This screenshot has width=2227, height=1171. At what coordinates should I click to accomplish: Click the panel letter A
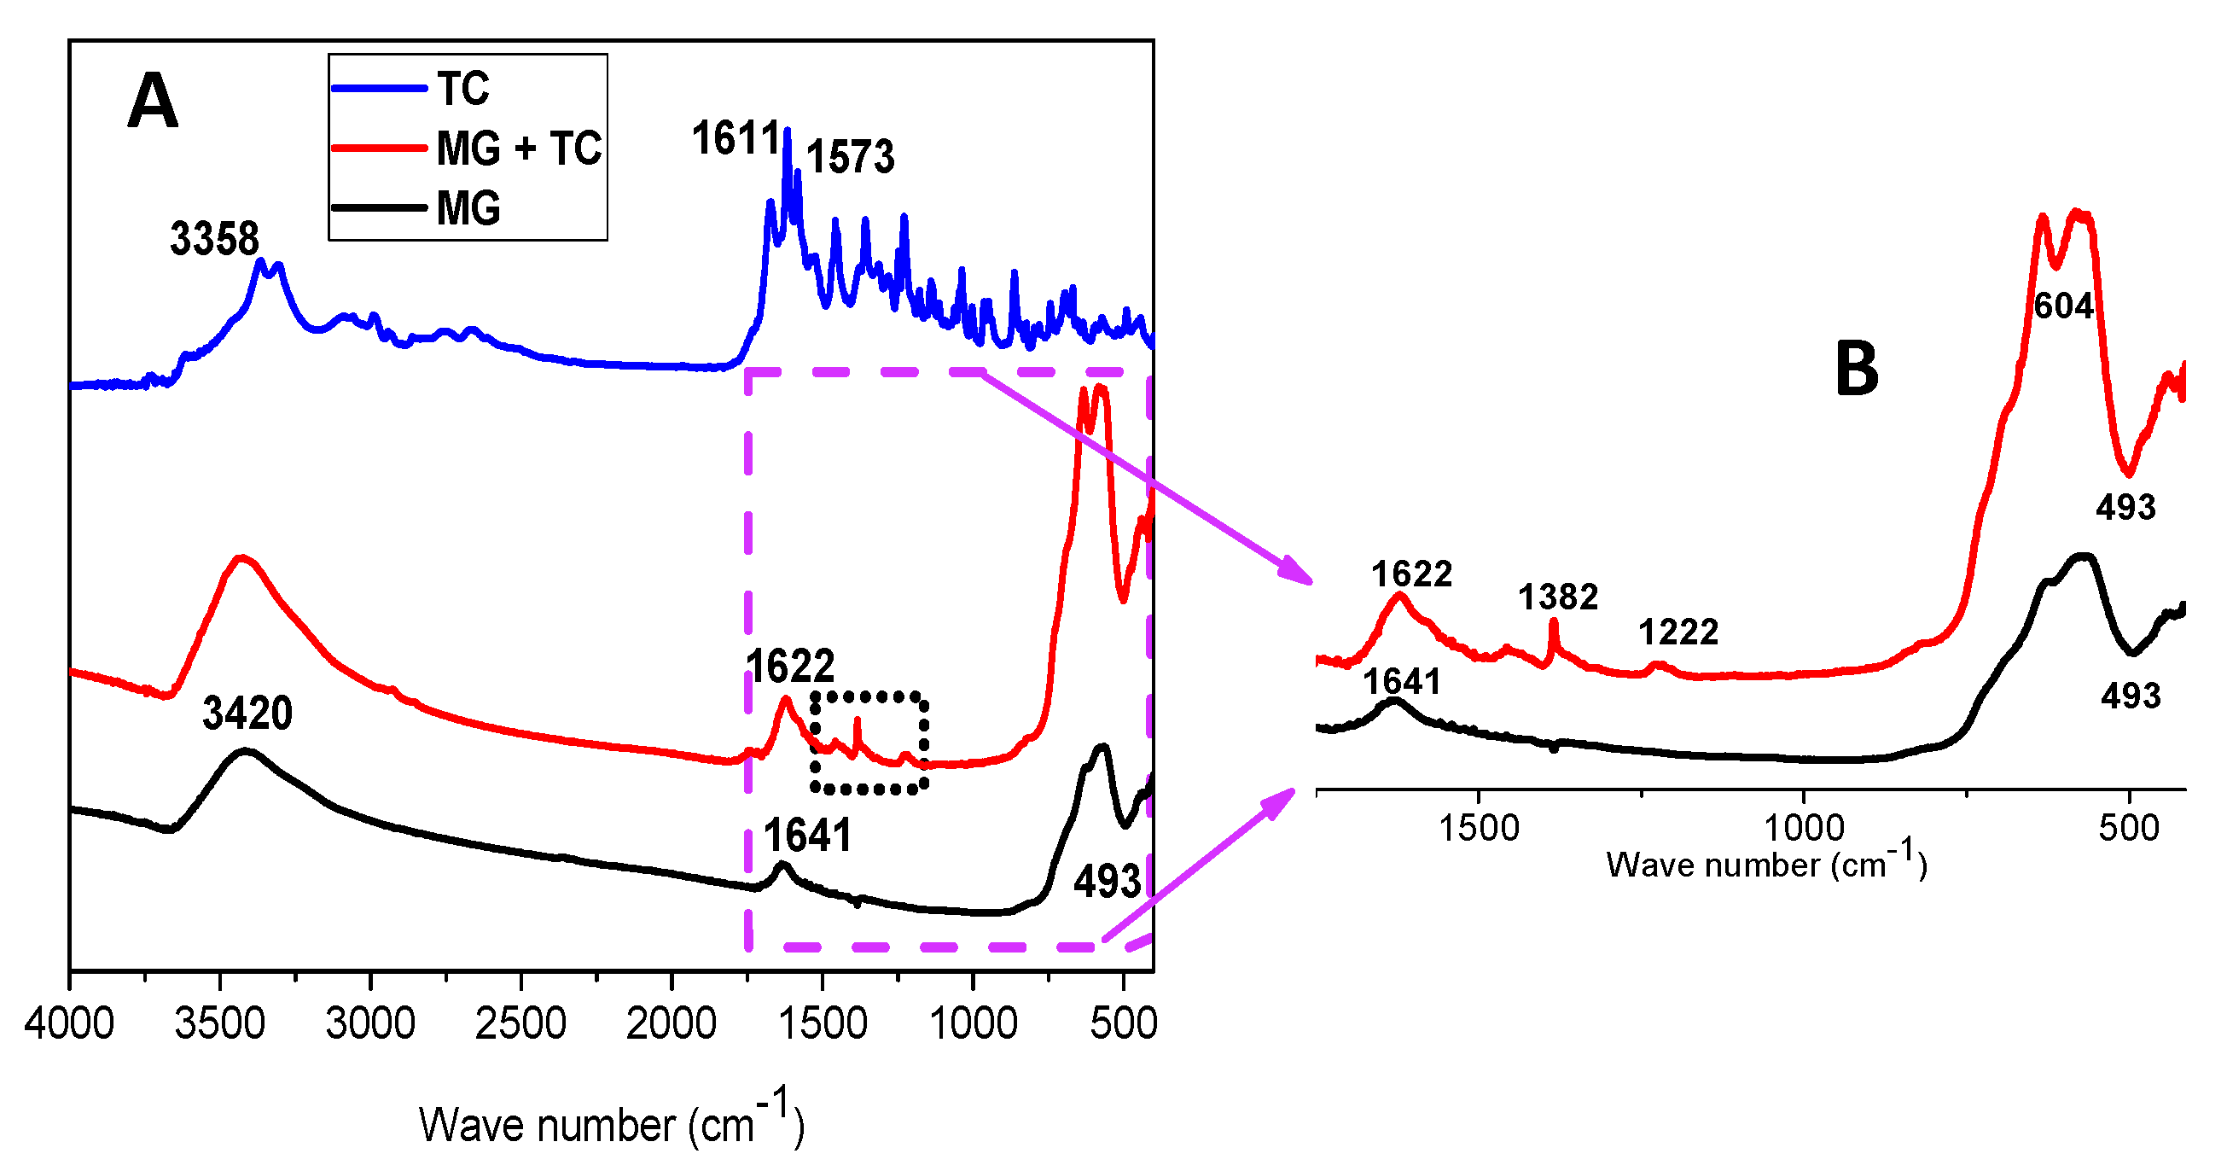point(152,102)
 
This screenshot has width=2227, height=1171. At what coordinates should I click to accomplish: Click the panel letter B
point(1856,369)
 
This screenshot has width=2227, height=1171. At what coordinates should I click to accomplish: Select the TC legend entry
point(463,88)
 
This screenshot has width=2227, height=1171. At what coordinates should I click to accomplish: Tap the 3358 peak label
point(214,239)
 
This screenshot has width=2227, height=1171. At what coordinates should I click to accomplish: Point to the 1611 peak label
point(736,138)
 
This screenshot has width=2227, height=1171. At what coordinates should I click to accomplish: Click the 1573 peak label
point(851,157)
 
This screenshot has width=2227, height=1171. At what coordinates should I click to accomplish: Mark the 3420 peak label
point(247,714)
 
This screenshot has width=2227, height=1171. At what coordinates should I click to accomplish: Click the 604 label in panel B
point(2062,306)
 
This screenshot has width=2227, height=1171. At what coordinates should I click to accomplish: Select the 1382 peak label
point(1558,597)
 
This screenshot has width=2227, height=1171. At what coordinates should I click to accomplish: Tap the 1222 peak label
point(1678,632)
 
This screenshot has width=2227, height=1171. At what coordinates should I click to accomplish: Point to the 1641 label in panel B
point(1401,681)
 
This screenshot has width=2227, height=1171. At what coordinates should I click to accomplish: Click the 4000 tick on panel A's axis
point(69,1024)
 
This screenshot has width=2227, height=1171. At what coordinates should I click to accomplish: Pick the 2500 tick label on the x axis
point(520,1024)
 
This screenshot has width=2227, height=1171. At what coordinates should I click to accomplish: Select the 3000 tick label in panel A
point(370,1024)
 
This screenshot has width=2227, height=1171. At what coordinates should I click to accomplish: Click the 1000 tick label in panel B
point(1805,829)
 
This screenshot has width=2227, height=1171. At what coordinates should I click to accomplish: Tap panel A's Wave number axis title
point(611,1122)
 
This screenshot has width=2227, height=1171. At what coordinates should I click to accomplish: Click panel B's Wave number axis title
point(1766,864)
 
